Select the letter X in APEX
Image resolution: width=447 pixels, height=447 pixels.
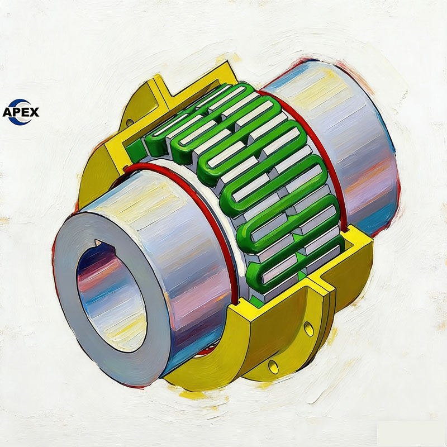pos(34,112)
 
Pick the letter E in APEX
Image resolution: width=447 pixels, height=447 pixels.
pos(25,112)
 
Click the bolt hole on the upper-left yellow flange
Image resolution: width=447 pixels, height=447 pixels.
pos(130,122)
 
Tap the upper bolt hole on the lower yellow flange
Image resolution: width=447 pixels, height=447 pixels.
pos(308,329)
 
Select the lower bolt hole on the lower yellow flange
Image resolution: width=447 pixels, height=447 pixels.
pos(273,365)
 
